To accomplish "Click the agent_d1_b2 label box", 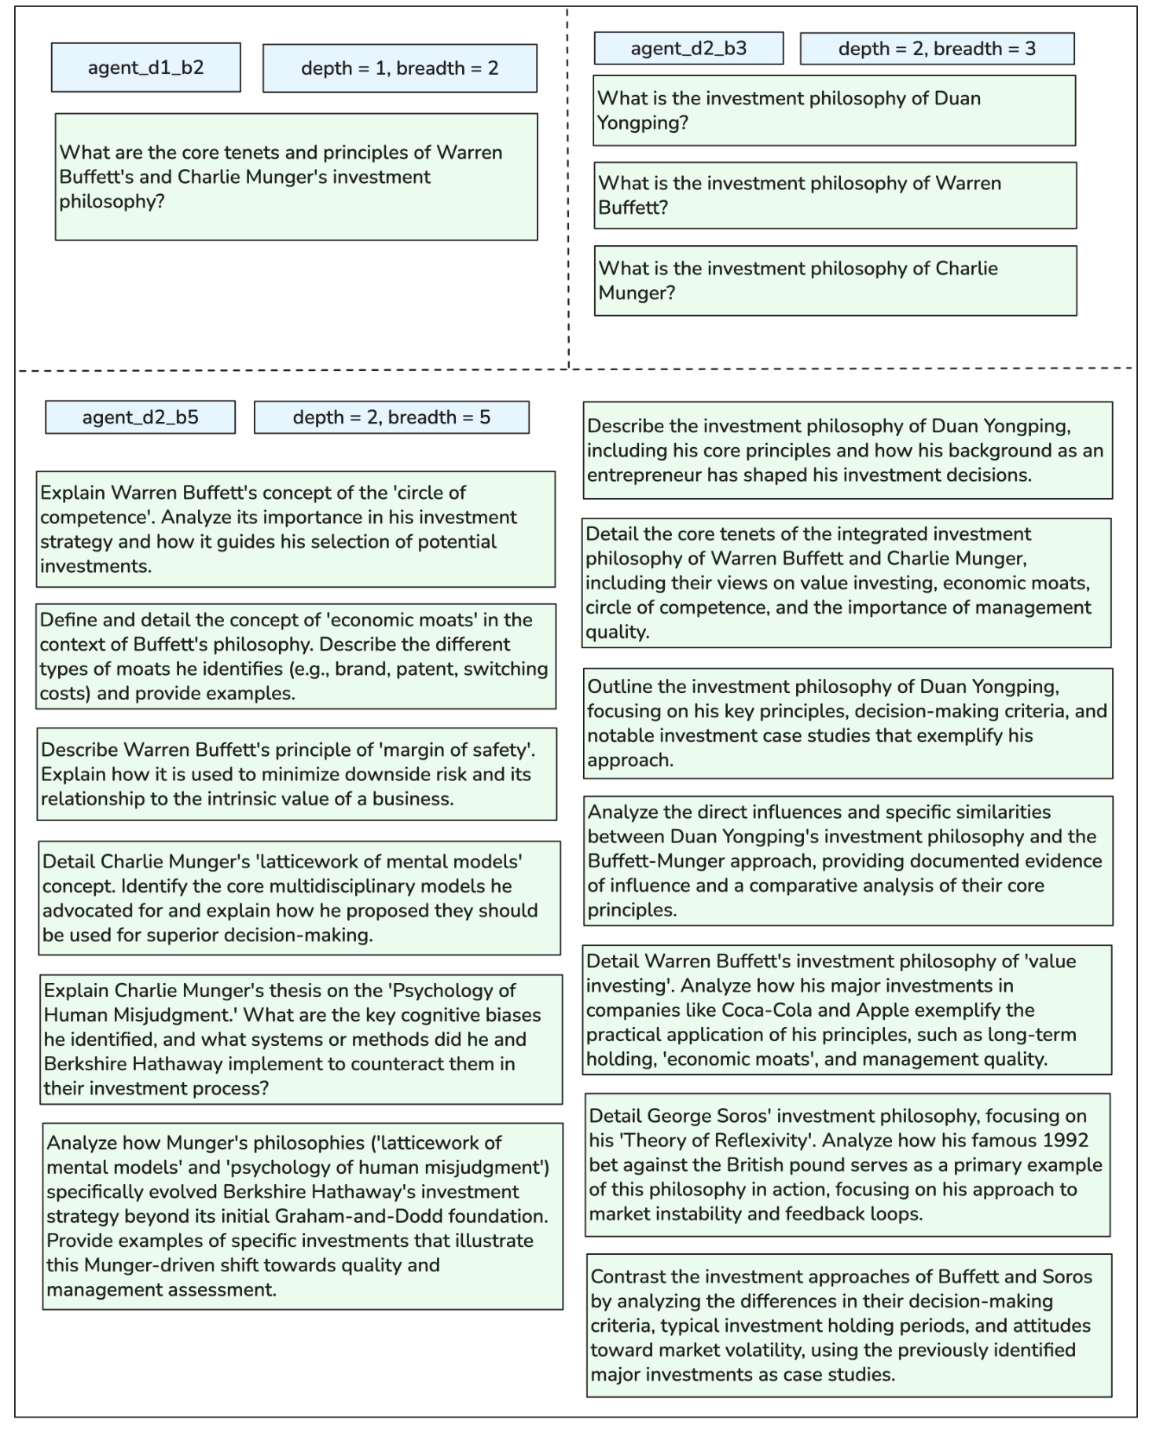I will (145, 68).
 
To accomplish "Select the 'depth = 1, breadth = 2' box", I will (399, 68).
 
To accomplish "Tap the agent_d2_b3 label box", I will (688, 49).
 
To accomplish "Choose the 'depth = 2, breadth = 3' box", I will (937, 49).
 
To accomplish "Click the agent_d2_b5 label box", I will (140, 417).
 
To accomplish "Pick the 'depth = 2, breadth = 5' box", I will (391, 417).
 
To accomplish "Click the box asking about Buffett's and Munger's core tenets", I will (296, 177).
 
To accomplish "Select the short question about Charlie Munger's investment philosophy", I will (835, 281).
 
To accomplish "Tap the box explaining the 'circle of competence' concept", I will (295, 529).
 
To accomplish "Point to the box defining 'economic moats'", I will (295, 656).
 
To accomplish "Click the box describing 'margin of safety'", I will (296, 774).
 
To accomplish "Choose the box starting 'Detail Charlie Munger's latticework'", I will (299, 898).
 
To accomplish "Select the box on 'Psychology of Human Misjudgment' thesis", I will (303, 1039).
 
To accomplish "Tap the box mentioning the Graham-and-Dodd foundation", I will (303, 1216).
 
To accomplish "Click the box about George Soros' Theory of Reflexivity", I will (847, 1164).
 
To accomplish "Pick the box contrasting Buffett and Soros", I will (849, 1325).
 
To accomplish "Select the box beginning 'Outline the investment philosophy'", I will (847, 723).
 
